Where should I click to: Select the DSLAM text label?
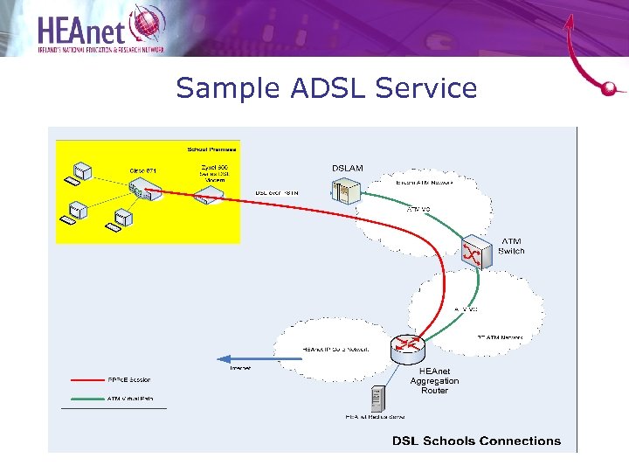(348, 168)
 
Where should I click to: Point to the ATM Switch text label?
(511, 246)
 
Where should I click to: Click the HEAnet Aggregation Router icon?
(408, 350)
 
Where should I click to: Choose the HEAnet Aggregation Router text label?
(434, 381)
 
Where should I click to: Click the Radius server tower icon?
(377, 399)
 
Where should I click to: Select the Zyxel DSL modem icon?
(205, 197)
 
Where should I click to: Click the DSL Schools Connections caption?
(476, 441)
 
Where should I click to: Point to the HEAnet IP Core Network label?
(335, 349)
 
